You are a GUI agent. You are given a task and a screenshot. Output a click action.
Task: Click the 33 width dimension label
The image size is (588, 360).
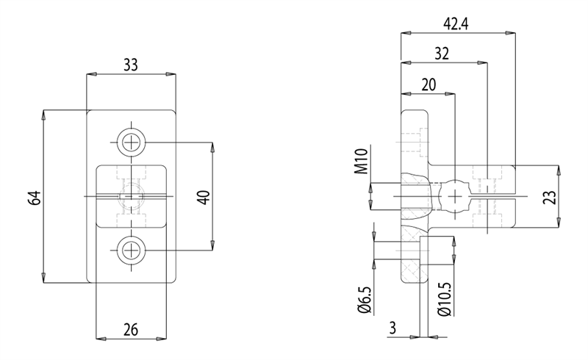(x=130, y=65)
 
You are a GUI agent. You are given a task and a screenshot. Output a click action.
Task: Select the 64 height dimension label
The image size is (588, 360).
(x=34, y=197)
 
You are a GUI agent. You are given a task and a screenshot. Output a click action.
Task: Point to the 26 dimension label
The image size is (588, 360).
(x=130, y=328)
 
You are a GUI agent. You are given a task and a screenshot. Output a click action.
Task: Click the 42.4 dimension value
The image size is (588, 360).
(x=456, y=24)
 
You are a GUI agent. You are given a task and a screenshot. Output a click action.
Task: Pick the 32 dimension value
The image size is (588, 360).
(x=442, y=54)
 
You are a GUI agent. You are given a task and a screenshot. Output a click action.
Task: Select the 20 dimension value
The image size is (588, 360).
(x=428, y=84)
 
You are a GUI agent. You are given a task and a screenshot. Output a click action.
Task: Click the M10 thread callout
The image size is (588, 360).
(x=361, y=162)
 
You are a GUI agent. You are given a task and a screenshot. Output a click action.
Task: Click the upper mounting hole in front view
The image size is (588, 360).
(x=132, y=142)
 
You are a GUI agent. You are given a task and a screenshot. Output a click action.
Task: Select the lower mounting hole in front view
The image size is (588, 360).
(x=132, y=251)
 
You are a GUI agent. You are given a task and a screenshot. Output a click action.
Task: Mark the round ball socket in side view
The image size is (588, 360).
(x=455, y=196)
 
